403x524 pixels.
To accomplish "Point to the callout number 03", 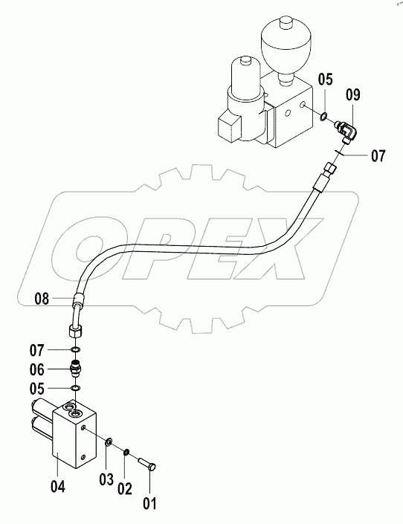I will click(x=107, y=476).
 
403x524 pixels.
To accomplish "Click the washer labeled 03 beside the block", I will click(x=109, y=444).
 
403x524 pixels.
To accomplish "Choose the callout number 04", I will click(x=58, y=487).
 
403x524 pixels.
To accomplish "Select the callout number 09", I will click(x=354, y=95).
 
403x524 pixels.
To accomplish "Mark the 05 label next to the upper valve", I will click(x=326, y=80).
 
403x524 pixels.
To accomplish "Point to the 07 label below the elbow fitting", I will click(x=378, y=157).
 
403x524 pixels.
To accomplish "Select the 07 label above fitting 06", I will click(x=58, y=349).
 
